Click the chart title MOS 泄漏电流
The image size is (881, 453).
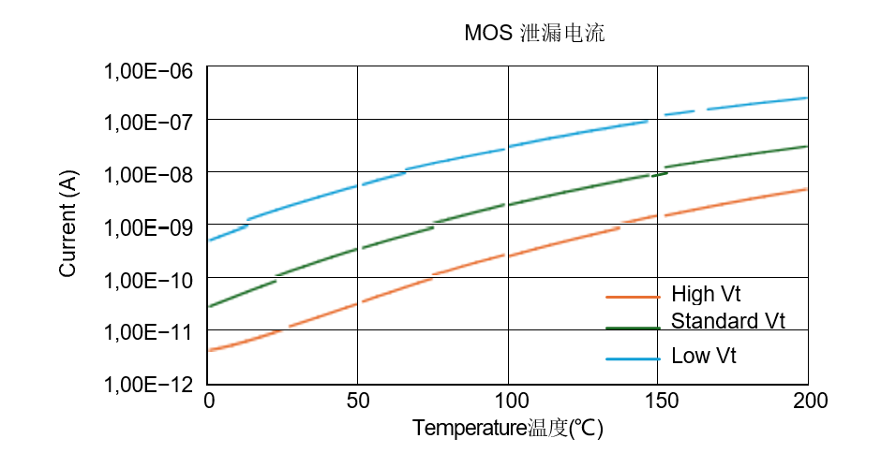[x=534, y=35]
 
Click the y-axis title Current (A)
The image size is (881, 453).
[x=67, y=225]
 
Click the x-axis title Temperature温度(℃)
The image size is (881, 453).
[x=507, y=429]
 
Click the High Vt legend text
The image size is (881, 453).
[x=706, y=295]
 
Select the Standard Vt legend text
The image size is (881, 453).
[x=727, y=322]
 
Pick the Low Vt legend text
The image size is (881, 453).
[x=704, y=357]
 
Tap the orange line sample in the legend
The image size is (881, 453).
[x=634, y=297]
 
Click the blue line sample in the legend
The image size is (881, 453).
[x=634, y=358]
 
